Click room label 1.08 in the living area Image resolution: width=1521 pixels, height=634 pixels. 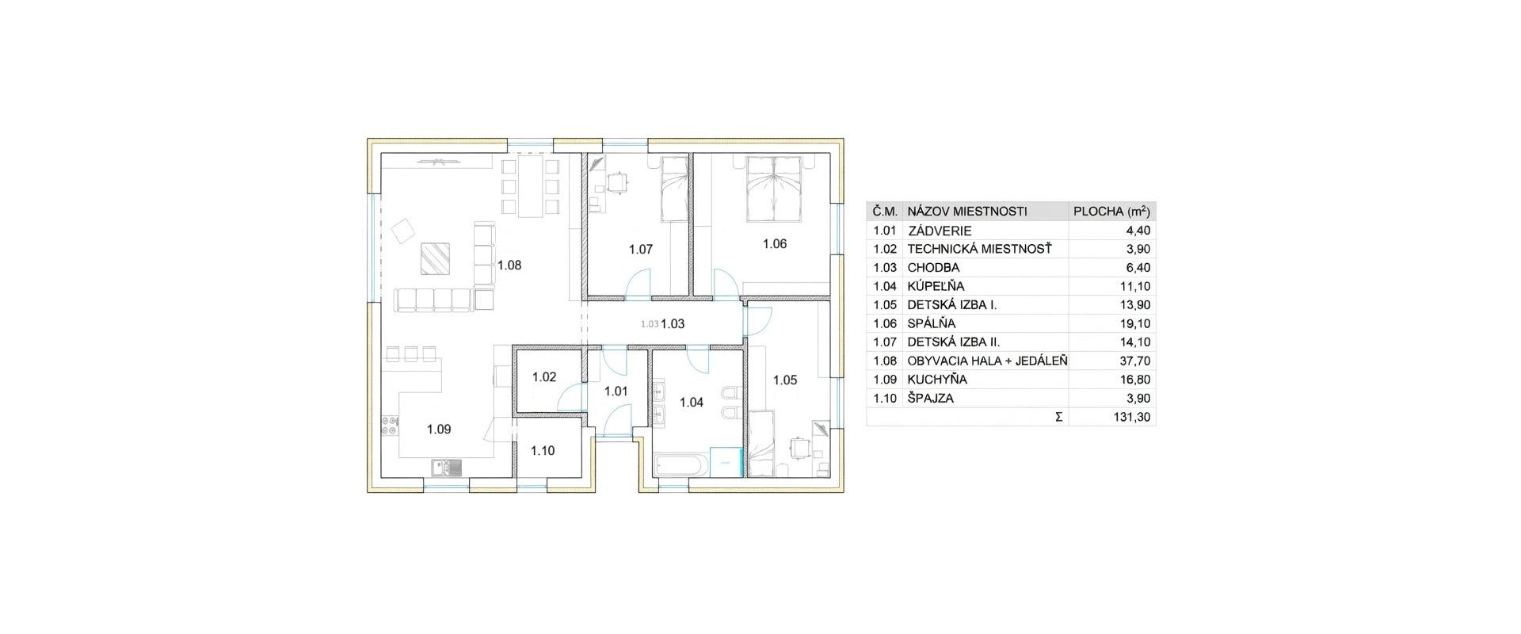(509, 265)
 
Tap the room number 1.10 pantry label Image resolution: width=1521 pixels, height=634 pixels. (543, 451)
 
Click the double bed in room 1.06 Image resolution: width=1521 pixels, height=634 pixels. (773, 188)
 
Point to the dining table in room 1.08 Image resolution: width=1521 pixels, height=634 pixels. (531, 186)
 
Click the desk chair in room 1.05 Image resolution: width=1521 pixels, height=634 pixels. (802, 449)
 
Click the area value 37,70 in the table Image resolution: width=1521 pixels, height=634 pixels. (1135, 361)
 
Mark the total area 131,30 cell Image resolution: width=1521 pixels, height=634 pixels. (1133, 417)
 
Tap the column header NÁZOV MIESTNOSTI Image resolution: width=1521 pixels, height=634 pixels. (966, 212)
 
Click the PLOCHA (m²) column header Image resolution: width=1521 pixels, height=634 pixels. (1111, 212)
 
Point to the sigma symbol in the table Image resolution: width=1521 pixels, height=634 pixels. (1058, 417)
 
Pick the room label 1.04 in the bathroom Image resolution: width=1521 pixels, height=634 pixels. (692, 403)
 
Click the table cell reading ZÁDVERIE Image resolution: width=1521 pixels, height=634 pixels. (940, 231)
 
